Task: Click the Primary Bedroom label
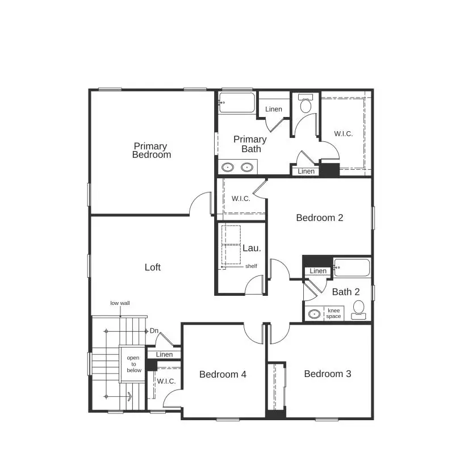[152, 150]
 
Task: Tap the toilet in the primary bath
[306, 104]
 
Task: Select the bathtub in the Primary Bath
[237, 103]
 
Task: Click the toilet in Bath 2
[359, 309]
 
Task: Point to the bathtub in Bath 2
[352, 267]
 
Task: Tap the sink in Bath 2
[313, 313]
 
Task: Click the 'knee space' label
[333, 313]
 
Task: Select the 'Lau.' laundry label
[252, 248]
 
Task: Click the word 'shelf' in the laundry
[251, 266]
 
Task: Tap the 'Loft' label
[152, 267]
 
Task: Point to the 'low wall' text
[120, 303]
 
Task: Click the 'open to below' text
[133, 364]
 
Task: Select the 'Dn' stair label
[154, 331]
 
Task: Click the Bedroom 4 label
[223, 375]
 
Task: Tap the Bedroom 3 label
[327, 374]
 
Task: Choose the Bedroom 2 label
[319, 217]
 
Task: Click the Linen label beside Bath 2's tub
[318, 271]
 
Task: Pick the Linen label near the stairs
[164, 355]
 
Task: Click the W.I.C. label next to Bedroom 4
[166, 382]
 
